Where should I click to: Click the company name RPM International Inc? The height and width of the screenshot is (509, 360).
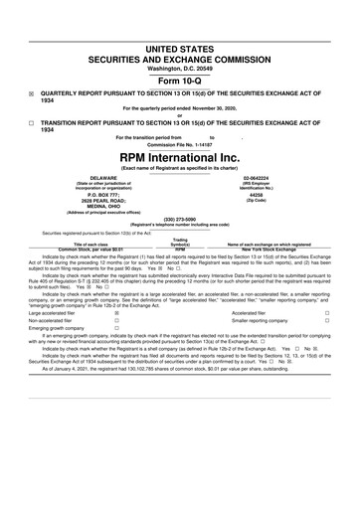(180, 157)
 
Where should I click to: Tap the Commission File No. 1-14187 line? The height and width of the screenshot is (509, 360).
(180, 144)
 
